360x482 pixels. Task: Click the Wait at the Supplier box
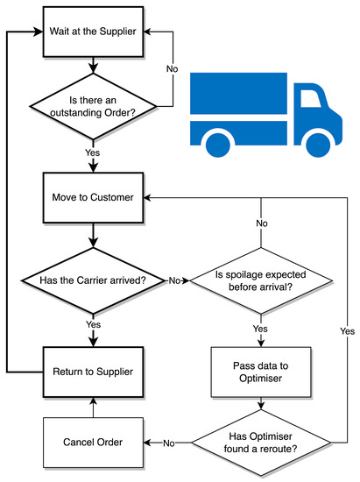pyautogui.click(x=93, y=33)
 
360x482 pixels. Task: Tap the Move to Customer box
pyautogui.click(x=93, y=197)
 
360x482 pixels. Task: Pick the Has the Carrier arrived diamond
pyautogui.click(x=93, y=280)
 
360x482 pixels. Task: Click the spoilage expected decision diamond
pyautogui.click(x=261, y=280)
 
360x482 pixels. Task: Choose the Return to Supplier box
pyautogui.click(x=93, y=371)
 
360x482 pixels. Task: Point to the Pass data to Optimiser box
pyautogui.click(x=260, y=371)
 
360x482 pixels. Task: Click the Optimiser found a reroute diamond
pyautogui.click(x=260, y=441)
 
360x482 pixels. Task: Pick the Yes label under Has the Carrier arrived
pyautogui.click(x=93, y=324)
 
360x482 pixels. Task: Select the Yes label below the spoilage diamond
pyautogui.click(x=260, y=329)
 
